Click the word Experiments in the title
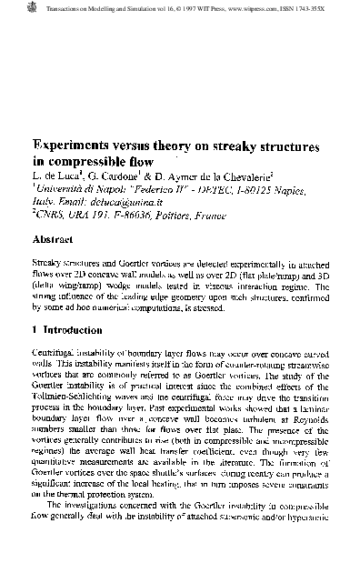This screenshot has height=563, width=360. point(77,146)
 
